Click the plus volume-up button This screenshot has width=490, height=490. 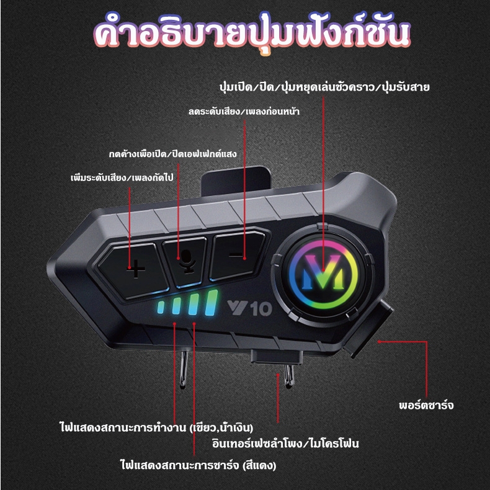point(133,269)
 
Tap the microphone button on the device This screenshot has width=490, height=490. point(185,261)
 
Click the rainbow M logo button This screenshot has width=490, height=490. point(323,274)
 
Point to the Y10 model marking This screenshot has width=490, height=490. point(249,308)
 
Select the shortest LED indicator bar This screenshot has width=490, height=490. point(161,306)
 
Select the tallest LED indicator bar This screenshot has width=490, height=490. point(212,302)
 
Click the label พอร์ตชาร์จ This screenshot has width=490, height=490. point(426,405)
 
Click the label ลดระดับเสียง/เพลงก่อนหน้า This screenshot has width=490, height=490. point(244,111)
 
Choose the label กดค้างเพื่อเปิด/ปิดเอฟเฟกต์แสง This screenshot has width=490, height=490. point(173,153)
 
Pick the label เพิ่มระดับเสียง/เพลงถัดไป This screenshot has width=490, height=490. point(122,177)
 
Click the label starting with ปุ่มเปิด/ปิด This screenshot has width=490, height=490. point(324,87)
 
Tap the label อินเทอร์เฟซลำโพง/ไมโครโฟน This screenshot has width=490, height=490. point(285,443)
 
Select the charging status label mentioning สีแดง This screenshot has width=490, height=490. point(198,465)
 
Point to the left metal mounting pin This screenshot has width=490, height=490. point(184,369)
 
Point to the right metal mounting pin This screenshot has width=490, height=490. point(289,376)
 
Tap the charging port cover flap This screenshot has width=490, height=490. point(369,328)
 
